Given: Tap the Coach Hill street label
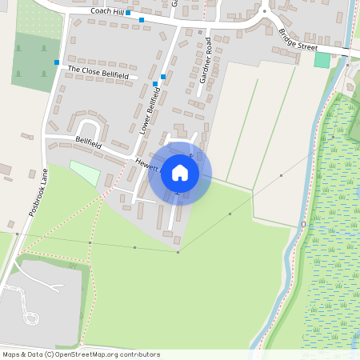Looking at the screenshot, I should pos(107,11).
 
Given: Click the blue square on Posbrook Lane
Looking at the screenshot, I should pos(57,62).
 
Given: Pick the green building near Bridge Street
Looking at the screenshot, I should pos(322,60).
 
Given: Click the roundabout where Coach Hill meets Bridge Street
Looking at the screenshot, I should pos(264,11).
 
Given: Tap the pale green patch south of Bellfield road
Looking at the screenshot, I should pos(85,172).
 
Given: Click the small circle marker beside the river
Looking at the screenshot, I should pos(303,225).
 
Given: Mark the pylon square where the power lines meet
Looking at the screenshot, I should pos(178,252).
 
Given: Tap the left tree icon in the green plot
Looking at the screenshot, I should pos(18,49).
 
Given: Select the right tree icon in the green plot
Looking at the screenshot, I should pos(42,49).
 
